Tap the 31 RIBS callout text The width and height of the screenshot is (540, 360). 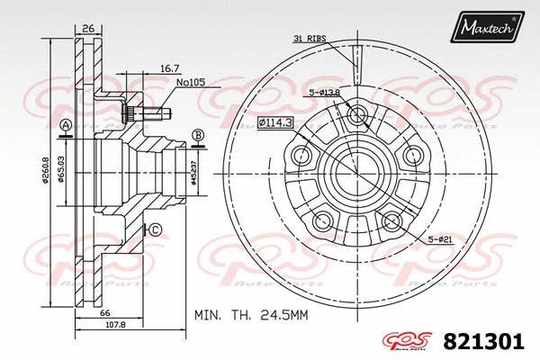[x=309, y=39]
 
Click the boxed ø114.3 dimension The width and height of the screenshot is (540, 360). [x=277, y=122]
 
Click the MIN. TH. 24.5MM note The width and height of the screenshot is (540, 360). [x=253, y=316]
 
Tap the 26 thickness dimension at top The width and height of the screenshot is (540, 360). [x=87, y=29]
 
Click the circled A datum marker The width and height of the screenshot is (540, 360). [x=65, y=124]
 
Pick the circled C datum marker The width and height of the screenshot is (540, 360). [x=155, y=229]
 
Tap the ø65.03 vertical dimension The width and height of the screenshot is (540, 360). [x=61, y=171]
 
